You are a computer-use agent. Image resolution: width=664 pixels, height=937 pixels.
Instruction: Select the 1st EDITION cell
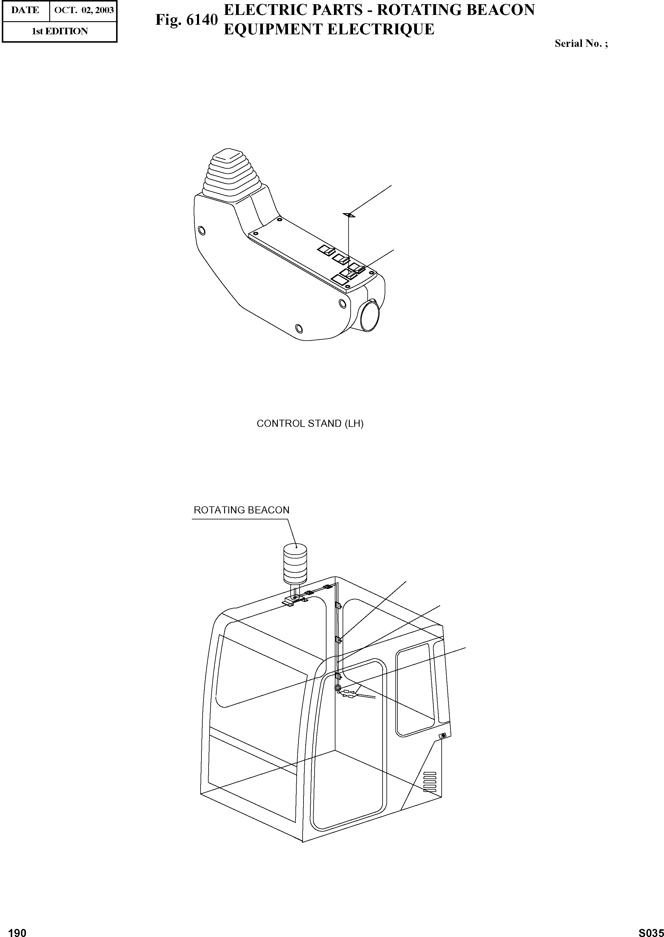[x=60, y=31]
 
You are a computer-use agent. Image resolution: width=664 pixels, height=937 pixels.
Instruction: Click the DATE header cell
[x=25, y=10]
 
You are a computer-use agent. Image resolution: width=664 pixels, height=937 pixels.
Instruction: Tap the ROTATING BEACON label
[x=241, y=510]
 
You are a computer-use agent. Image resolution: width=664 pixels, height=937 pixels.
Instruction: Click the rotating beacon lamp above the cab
[x=295, y=562]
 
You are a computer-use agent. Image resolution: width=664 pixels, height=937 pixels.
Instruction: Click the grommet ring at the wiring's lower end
[x=338, y=688]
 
